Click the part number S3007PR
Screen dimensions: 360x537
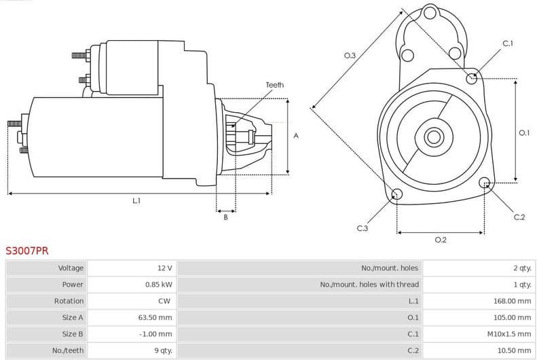pos(27,251)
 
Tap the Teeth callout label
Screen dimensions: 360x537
pos(275,85)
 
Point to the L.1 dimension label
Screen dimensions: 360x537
pos(136,201)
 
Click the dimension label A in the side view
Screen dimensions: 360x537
pos(296,136)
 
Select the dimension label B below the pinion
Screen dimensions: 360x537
pos(225,217)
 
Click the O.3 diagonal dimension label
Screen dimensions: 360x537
pos(350,55)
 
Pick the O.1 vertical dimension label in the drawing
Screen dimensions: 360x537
pos(524,133)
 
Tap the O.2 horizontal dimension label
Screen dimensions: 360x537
pos(441,240)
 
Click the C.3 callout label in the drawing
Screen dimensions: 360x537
pos(362,228)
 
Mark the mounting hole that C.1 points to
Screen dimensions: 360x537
pos(472,79)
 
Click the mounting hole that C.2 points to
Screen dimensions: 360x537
pos(485,183)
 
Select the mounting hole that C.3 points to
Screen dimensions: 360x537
pos(397,196)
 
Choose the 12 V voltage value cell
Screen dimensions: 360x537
pos(164,268)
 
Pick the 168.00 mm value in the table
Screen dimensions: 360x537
pos(512,301)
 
